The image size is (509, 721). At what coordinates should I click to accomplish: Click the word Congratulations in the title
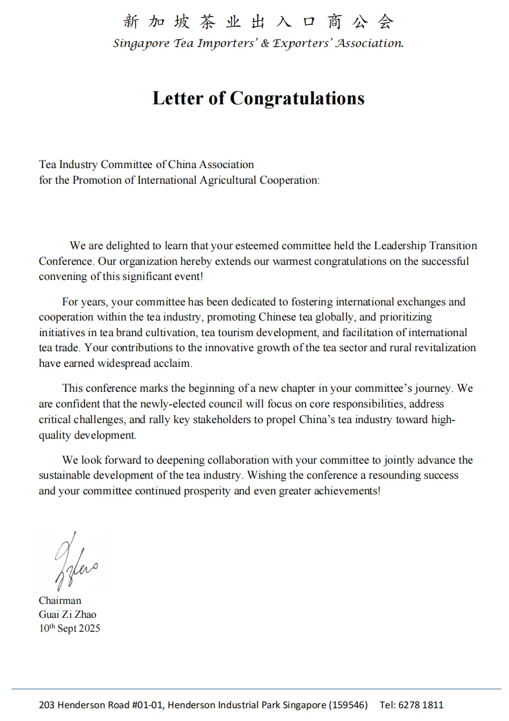pos(297,98)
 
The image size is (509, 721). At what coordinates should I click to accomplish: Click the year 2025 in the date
pos(89,628)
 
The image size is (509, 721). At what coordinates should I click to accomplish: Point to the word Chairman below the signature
pos(60,600)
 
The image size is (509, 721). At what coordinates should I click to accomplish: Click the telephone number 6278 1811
pos(421,705)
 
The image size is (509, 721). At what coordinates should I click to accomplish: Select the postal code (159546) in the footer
pos(348,705)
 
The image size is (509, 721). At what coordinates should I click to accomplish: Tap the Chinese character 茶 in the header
pos(207,22)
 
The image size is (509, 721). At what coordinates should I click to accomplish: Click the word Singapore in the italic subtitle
pos(141,43)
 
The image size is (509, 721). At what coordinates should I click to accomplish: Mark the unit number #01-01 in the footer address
pos(147,705)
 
